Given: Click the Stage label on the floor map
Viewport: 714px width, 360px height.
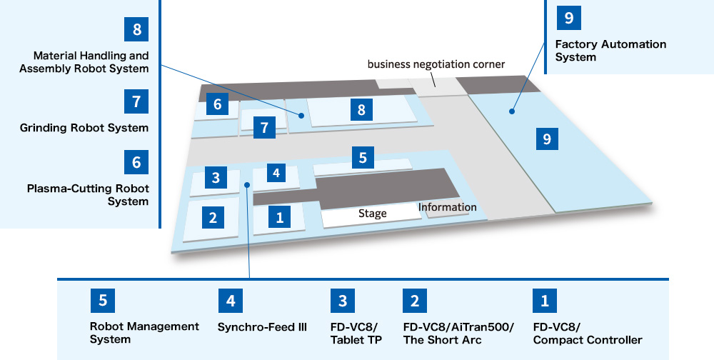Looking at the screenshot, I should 372,213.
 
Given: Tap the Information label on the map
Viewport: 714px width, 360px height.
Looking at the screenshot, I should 447,207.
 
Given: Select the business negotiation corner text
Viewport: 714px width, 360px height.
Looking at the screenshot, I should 436,64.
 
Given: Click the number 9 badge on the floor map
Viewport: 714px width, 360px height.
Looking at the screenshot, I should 547,139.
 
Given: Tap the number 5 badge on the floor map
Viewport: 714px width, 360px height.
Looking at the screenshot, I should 363,157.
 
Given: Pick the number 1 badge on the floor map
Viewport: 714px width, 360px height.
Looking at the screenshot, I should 280,216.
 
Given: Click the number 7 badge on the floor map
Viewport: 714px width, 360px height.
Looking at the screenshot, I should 264,128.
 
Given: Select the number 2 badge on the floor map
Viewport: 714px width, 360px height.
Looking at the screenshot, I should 213,217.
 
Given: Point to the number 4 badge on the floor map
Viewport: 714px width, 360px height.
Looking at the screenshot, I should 276,173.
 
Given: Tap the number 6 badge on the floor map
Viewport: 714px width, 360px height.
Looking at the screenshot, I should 217,105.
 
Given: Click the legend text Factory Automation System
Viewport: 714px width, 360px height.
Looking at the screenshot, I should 610,51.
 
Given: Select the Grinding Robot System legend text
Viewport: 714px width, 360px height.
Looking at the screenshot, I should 84,129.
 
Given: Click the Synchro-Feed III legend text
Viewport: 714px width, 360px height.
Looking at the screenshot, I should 262,327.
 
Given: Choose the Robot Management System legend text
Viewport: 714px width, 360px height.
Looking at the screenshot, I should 144,333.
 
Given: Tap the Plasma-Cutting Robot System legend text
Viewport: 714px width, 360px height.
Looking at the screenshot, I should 88,195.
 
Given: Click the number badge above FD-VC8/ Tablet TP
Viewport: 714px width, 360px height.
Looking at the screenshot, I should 343,301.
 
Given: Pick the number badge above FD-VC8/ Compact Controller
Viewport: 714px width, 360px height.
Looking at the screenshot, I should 545,301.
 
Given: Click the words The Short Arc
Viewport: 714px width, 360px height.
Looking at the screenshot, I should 443,340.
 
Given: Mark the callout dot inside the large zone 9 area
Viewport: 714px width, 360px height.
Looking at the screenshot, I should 511,111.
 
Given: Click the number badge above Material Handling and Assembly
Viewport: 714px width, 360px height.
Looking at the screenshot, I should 136,30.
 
